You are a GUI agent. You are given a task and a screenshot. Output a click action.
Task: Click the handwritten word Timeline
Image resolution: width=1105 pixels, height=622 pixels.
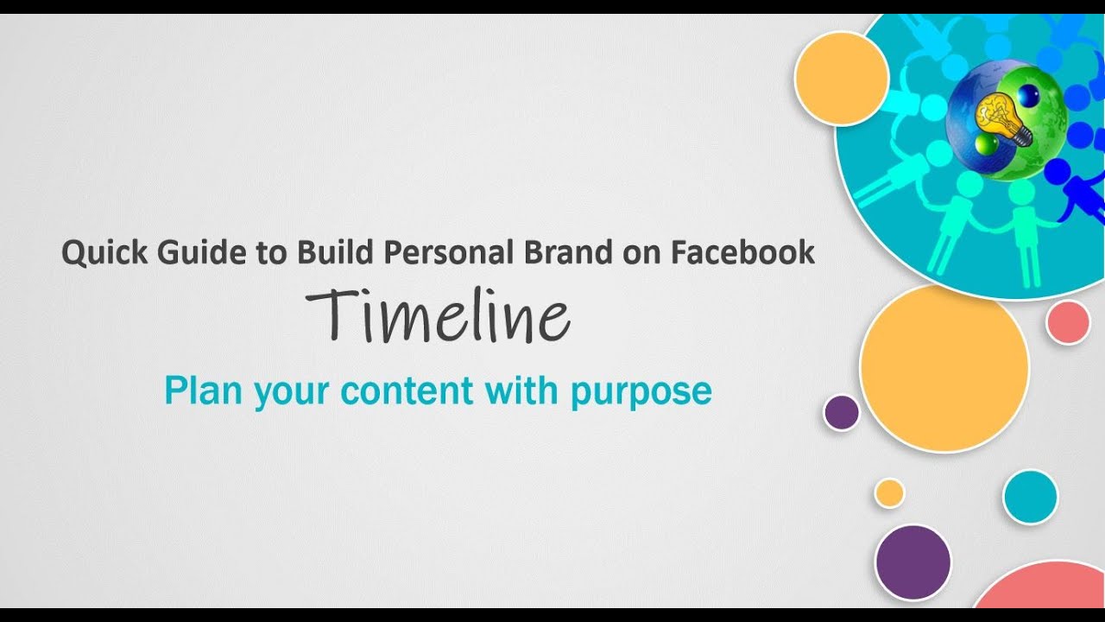(x=438, y=317)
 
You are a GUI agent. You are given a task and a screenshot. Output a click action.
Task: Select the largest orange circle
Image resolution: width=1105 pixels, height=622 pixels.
(x=944, y=368)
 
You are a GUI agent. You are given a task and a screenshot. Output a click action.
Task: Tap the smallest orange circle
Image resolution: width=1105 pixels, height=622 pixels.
(x=889, y=493)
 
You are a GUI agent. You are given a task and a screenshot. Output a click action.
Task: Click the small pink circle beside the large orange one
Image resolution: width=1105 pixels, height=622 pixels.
(x=1068, y=322)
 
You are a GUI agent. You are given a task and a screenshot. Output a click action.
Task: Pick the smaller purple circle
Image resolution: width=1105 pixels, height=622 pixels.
(x=842, y=413)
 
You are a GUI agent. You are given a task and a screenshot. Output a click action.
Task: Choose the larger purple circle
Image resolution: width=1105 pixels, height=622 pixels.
(x=912, y=562)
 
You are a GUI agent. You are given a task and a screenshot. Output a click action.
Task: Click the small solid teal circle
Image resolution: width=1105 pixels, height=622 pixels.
(x=1030, y=497)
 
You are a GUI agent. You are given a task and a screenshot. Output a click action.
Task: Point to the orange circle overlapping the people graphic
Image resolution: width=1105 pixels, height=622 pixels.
(x=842, y=79)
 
